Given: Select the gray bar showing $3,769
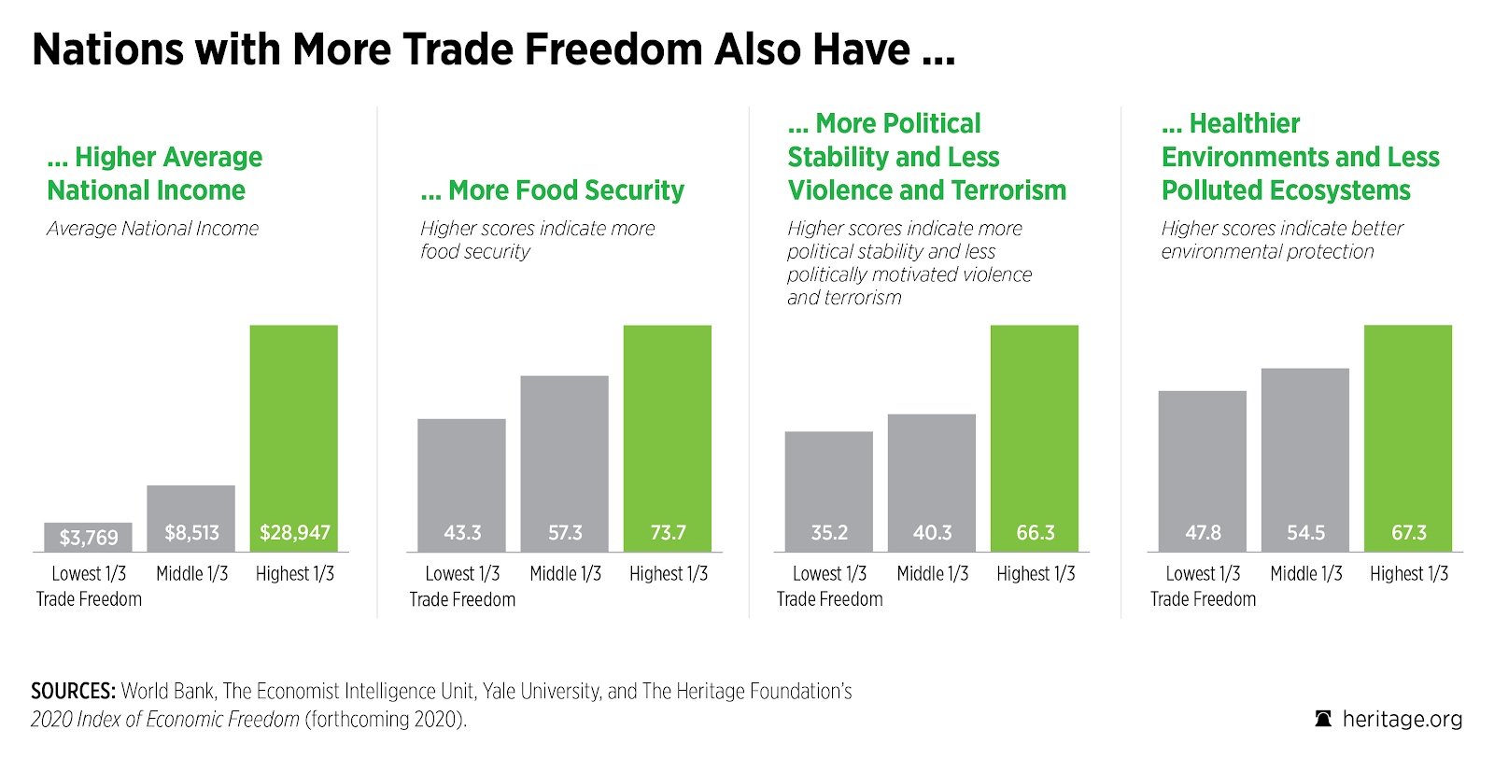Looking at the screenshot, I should click(x=89, y=537).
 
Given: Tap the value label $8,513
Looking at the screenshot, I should click(x=191, y=533).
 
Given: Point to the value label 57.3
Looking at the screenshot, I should click(x=565, y=533).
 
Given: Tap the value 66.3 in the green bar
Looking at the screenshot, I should click(x=1036, y=533).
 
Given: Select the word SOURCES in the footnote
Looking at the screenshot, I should click(x=73, y=692).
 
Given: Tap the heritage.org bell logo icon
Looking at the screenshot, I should click(x=1323, y=719).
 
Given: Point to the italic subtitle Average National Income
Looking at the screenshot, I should click(x=153, y=229).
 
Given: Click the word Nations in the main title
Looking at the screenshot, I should click(x=107, y=49).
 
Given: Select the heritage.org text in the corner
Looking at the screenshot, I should click(x=1402, y=719).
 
